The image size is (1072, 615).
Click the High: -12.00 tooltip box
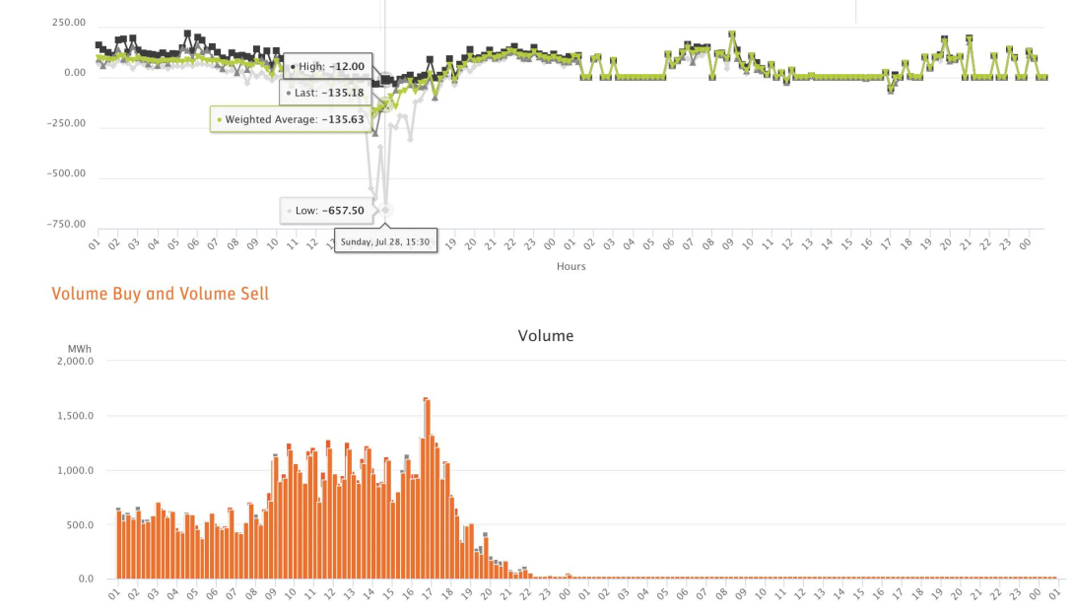point(328,66)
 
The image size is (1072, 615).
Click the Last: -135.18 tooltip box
point(328,93)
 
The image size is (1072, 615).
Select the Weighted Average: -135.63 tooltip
point(291,119)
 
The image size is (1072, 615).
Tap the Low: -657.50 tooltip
point(328,210)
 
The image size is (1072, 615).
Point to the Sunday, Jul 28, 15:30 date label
point(385,240)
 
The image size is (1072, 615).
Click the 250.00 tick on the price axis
point(67,22)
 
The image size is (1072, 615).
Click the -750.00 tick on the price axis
point(65,224)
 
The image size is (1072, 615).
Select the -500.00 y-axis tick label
point(65,173)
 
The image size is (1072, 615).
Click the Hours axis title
point(570,266)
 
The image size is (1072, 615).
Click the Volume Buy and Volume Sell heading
point(160,294)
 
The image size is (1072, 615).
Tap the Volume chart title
point(545,336)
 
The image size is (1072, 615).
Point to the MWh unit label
point(79,350)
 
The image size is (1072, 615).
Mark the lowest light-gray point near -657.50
point(386,209)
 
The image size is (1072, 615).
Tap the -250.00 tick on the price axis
point(65,123)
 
